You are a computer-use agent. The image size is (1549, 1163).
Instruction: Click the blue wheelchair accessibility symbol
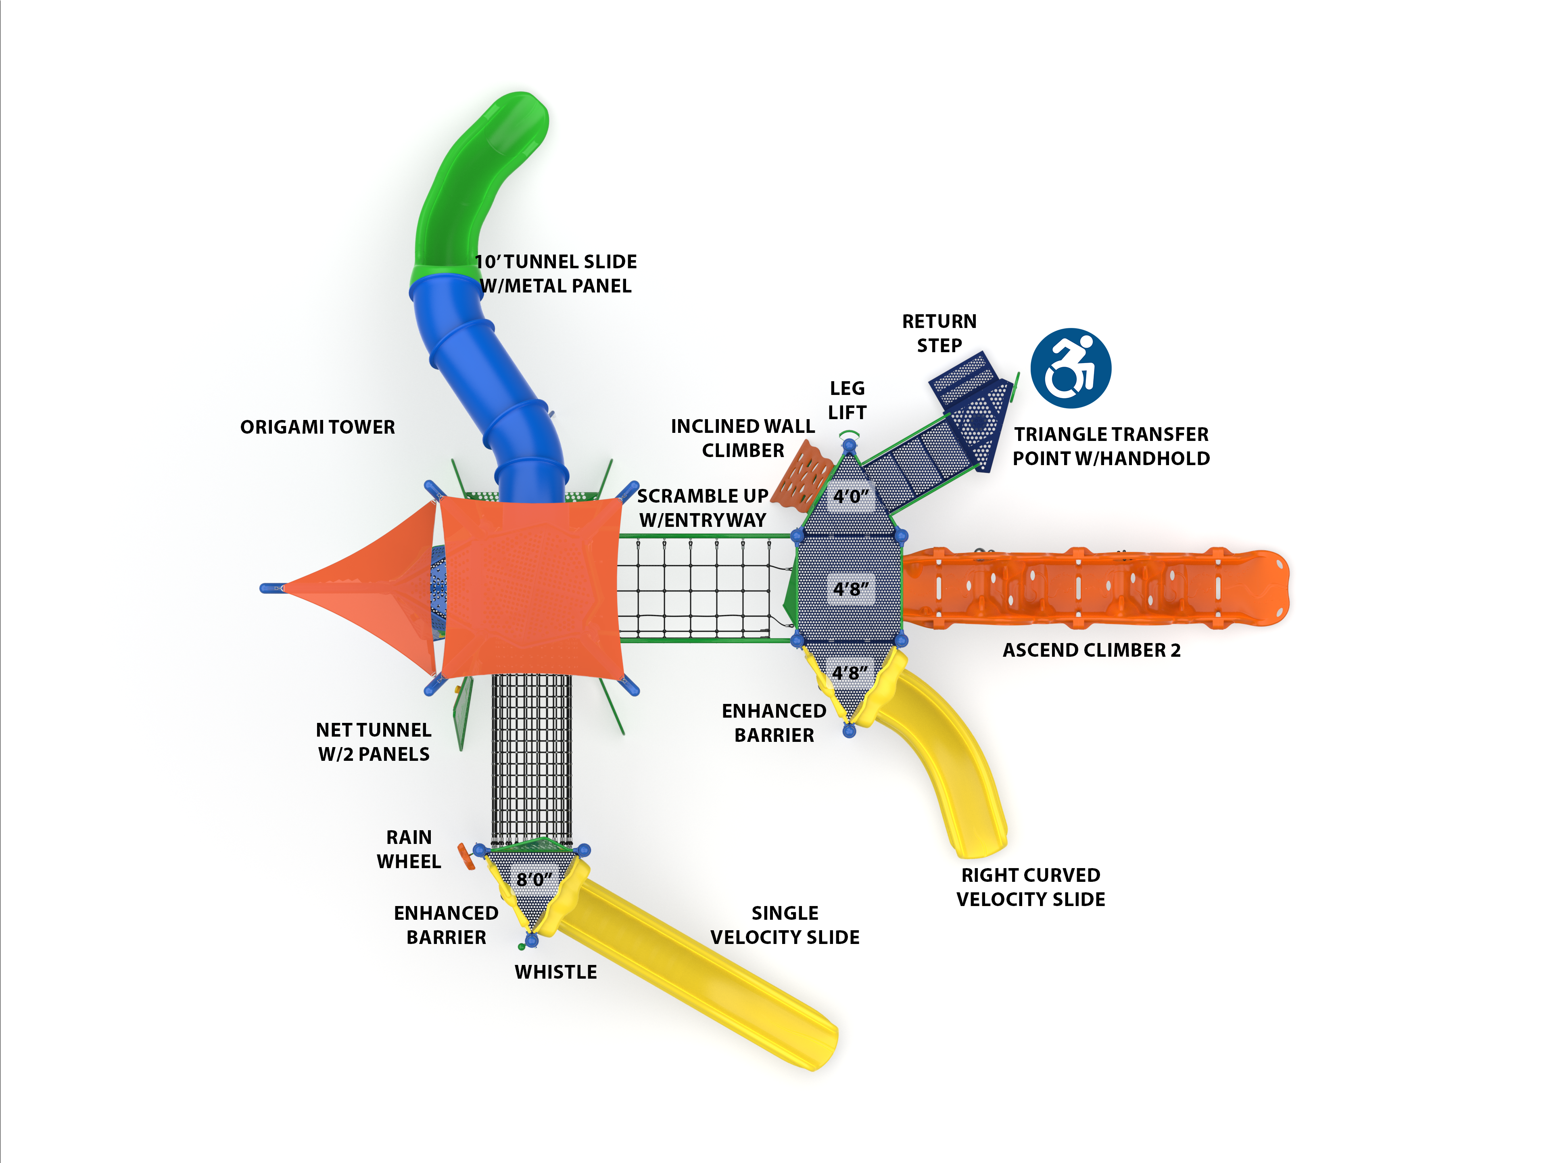[1071, 368]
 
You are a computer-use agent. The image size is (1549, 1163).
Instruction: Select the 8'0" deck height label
[534, 879]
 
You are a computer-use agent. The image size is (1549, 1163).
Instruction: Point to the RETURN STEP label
[939, 333]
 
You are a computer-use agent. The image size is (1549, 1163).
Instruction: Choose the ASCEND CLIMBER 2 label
[1091, 650]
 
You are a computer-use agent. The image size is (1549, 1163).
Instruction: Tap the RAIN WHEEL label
[409, 849]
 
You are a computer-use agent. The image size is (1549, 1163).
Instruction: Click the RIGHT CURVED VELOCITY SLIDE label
[1030, 887]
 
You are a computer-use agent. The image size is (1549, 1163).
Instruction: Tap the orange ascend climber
[1092, 588]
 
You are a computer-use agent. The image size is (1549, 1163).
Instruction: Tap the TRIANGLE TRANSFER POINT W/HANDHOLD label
[1111, 447]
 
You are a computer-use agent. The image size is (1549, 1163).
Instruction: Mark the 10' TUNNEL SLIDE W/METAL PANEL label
[556, 274]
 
